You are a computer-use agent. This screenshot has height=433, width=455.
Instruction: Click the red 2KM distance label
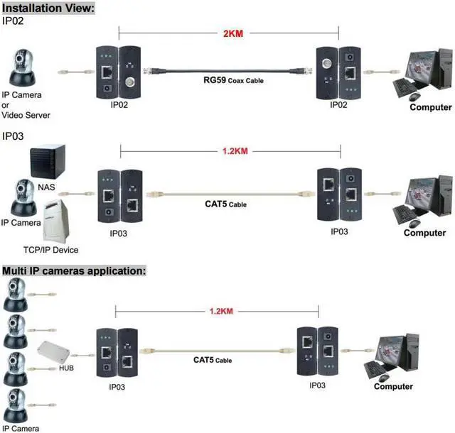pos(230,34)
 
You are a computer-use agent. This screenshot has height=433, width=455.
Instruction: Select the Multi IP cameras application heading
pos(74,270)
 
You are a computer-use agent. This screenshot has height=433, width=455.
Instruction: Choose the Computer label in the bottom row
pos(393,386)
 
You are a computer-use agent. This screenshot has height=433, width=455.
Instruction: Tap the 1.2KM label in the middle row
pos(230,150)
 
